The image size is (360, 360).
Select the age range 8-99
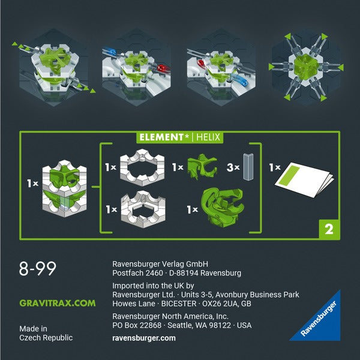[x=38, y=269]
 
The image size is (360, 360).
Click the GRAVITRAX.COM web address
[x=58, y=303]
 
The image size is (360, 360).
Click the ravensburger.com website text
[x=144, y=338]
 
